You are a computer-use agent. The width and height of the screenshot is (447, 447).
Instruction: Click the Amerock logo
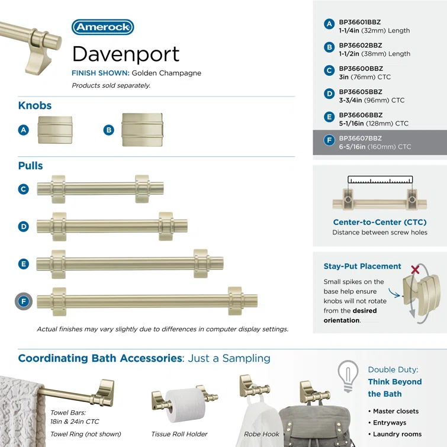pyautogui.click(x=102, y=27)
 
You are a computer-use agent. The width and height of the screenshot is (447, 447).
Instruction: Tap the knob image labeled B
pyautogui.click(x=141, y=130)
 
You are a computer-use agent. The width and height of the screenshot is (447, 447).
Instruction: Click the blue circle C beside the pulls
pyautogui.click(x=23, y=189)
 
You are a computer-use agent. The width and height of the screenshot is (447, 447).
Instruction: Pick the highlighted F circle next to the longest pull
pyautogui.click(x=23, y=301)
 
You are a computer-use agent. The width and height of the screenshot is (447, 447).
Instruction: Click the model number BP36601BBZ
pyautogui.click(x=360, y=22)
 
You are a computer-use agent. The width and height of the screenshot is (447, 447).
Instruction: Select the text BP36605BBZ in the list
pyautogui.click(x=360, y=92)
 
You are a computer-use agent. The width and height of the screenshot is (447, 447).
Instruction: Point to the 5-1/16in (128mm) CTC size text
pyautogui.click(x=373, y=124)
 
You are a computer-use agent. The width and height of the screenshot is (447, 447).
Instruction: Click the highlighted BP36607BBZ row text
pyautogui.click(x=360, y=138)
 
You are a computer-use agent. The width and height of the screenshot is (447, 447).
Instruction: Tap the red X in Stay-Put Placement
pyautogui.click(x=415, y=269)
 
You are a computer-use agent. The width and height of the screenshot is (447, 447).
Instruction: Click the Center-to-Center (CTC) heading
pyautogui.click(x=380, y=223)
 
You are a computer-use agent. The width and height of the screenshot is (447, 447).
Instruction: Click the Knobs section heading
pyautogui.click(x=35, y=105)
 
